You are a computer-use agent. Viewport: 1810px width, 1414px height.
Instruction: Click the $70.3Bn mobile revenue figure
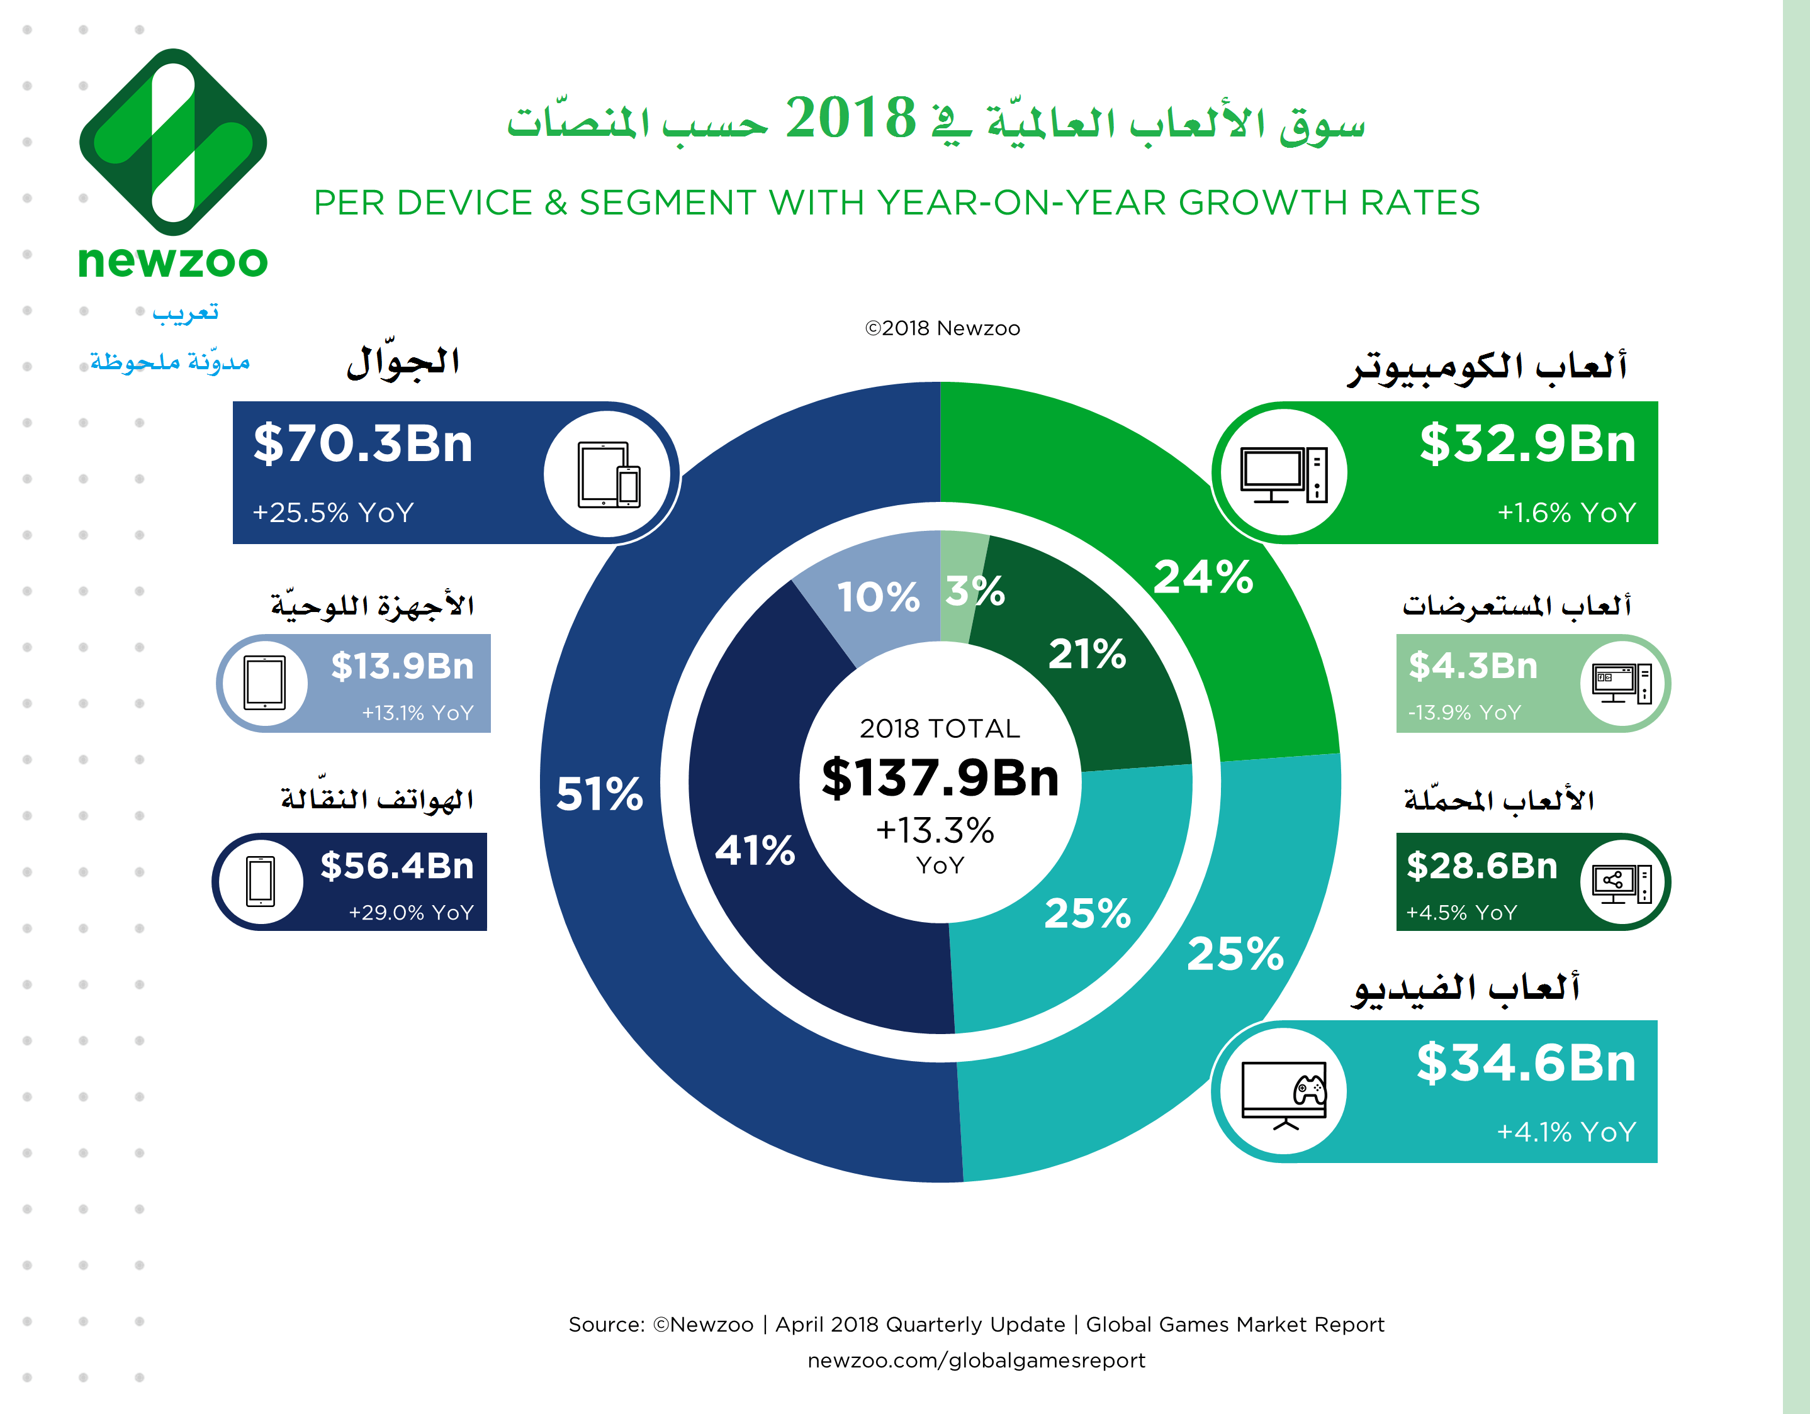[363, 444]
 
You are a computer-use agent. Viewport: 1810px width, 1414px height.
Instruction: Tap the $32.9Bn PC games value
[1527, 444]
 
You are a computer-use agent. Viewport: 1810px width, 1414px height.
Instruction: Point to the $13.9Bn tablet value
[402, 666]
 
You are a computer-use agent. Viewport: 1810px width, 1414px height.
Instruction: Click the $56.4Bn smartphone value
[397, 866]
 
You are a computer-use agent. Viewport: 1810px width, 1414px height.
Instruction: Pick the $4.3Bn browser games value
[1473, 666]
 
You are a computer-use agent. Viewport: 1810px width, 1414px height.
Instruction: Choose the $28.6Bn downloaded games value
[1482, 866]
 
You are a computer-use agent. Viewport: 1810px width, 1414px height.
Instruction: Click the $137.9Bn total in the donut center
[940, 778]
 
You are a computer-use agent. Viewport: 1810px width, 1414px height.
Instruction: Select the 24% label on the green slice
[1203, 577]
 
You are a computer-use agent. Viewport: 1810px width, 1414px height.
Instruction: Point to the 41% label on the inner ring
[754, 850]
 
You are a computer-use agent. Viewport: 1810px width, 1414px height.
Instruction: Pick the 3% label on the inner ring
[975, 591]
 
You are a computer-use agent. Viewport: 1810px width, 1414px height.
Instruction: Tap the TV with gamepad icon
[1284, 1093]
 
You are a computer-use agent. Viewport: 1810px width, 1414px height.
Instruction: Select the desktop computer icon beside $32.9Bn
[1283, 474]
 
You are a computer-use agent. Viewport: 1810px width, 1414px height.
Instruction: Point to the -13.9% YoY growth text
[1464, 713]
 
